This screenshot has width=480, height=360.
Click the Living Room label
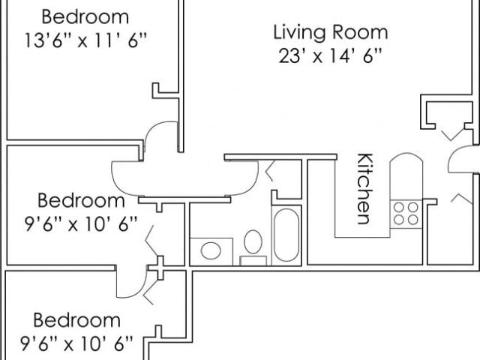pyautogui.click(x=331, y=33)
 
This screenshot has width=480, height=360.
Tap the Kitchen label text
pyautogui.click(x=365, y=189)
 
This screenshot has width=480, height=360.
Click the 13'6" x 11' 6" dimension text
pyautogui.click(x=85, y=40)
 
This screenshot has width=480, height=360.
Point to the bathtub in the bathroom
pyautogui.click(x=286, y=235)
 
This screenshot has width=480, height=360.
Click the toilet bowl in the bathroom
pyautogui.click(x=253, y=241)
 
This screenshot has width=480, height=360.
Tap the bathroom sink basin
pyautogui.click(x=211, y=250)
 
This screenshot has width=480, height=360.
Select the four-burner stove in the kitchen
pyautogui.click(x=406, y=214)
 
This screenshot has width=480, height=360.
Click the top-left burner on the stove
pyautogui.click(x=398, y=207)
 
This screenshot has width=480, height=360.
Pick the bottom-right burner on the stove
pyautogui.click(x=413, y=220)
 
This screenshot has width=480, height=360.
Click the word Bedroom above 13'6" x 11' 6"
pyautogui.click(x=85, y=16)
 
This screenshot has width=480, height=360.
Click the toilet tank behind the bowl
pyautogui.click(x=253, y=261)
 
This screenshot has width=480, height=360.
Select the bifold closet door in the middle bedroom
pyautogui.click(x=151, y=240)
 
